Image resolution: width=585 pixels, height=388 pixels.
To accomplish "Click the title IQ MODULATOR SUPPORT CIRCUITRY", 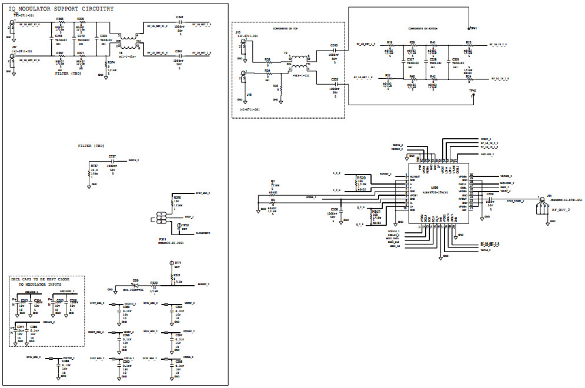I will point(61,9).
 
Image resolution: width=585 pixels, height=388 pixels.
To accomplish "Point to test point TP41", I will point(469,28).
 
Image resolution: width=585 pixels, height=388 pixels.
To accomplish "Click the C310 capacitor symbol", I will point(335,51).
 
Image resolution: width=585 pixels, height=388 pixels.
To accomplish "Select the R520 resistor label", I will point(361,177).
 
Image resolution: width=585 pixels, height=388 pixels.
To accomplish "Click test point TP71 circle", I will point(171,263).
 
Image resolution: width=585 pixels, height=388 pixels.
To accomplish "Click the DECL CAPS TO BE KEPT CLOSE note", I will point(45,280).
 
